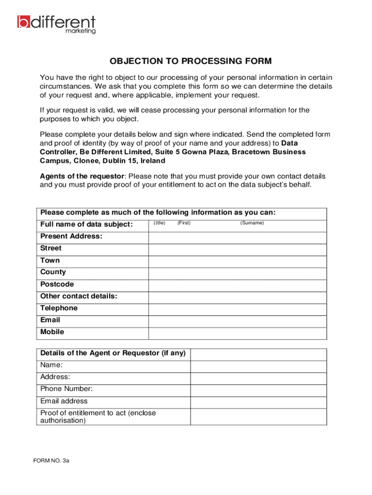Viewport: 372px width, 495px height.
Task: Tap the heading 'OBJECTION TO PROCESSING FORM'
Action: coord(190,61)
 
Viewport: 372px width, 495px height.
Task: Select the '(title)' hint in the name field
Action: coord(159,223)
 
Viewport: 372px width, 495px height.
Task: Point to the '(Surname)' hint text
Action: coord(252,223)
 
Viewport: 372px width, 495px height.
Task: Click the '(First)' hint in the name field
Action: coord(184,223)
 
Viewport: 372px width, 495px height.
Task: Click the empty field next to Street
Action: coord(237,249)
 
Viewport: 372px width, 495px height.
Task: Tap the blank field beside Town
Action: coord(237,262)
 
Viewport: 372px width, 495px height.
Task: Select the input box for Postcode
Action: coord(237,285)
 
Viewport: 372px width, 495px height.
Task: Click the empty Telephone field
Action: coord(237,309)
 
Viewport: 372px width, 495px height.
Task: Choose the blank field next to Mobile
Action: coord(237,334)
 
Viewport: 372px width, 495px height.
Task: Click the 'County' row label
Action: coord(53,272)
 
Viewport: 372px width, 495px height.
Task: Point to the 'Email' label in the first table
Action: coord(50,320)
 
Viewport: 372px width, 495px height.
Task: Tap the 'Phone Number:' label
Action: coord(67,389)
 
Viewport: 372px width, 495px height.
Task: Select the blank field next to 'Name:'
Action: coord(258,366)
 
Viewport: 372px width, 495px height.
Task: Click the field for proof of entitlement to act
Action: coord(258,417)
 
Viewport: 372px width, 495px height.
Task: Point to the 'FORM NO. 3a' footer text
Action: coord(52,461)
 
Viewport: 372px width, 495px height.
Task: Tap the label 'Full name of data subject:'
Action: coord(86,225)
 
